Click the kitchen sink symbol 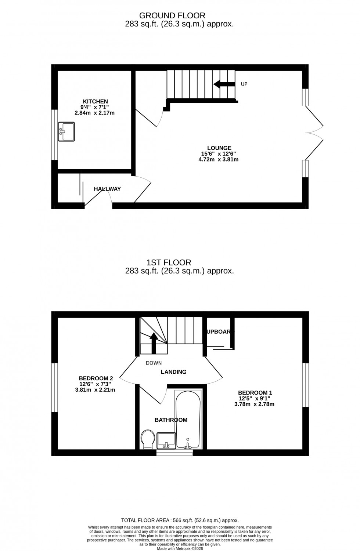(66, 132)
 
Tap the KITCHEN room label (95, 102)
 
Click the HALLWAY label (107, 189)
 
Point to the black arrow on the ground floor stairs (224, 84)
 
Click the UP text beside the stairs (244, 84)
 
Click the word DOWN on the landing (154, 363)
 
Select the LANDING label (174, 372)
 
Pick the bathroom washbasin (166, 440)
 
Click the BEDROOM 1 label (255, 393)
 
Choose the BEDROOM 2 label (96, 378)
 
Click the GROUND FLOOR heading (172, 15)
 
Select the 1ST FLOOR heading (169, 262)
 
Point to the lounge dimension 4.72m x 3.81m (218, 160)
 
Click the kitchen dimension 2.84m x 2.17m (94, 113)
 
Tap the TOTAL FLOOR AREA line (180, 520)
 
